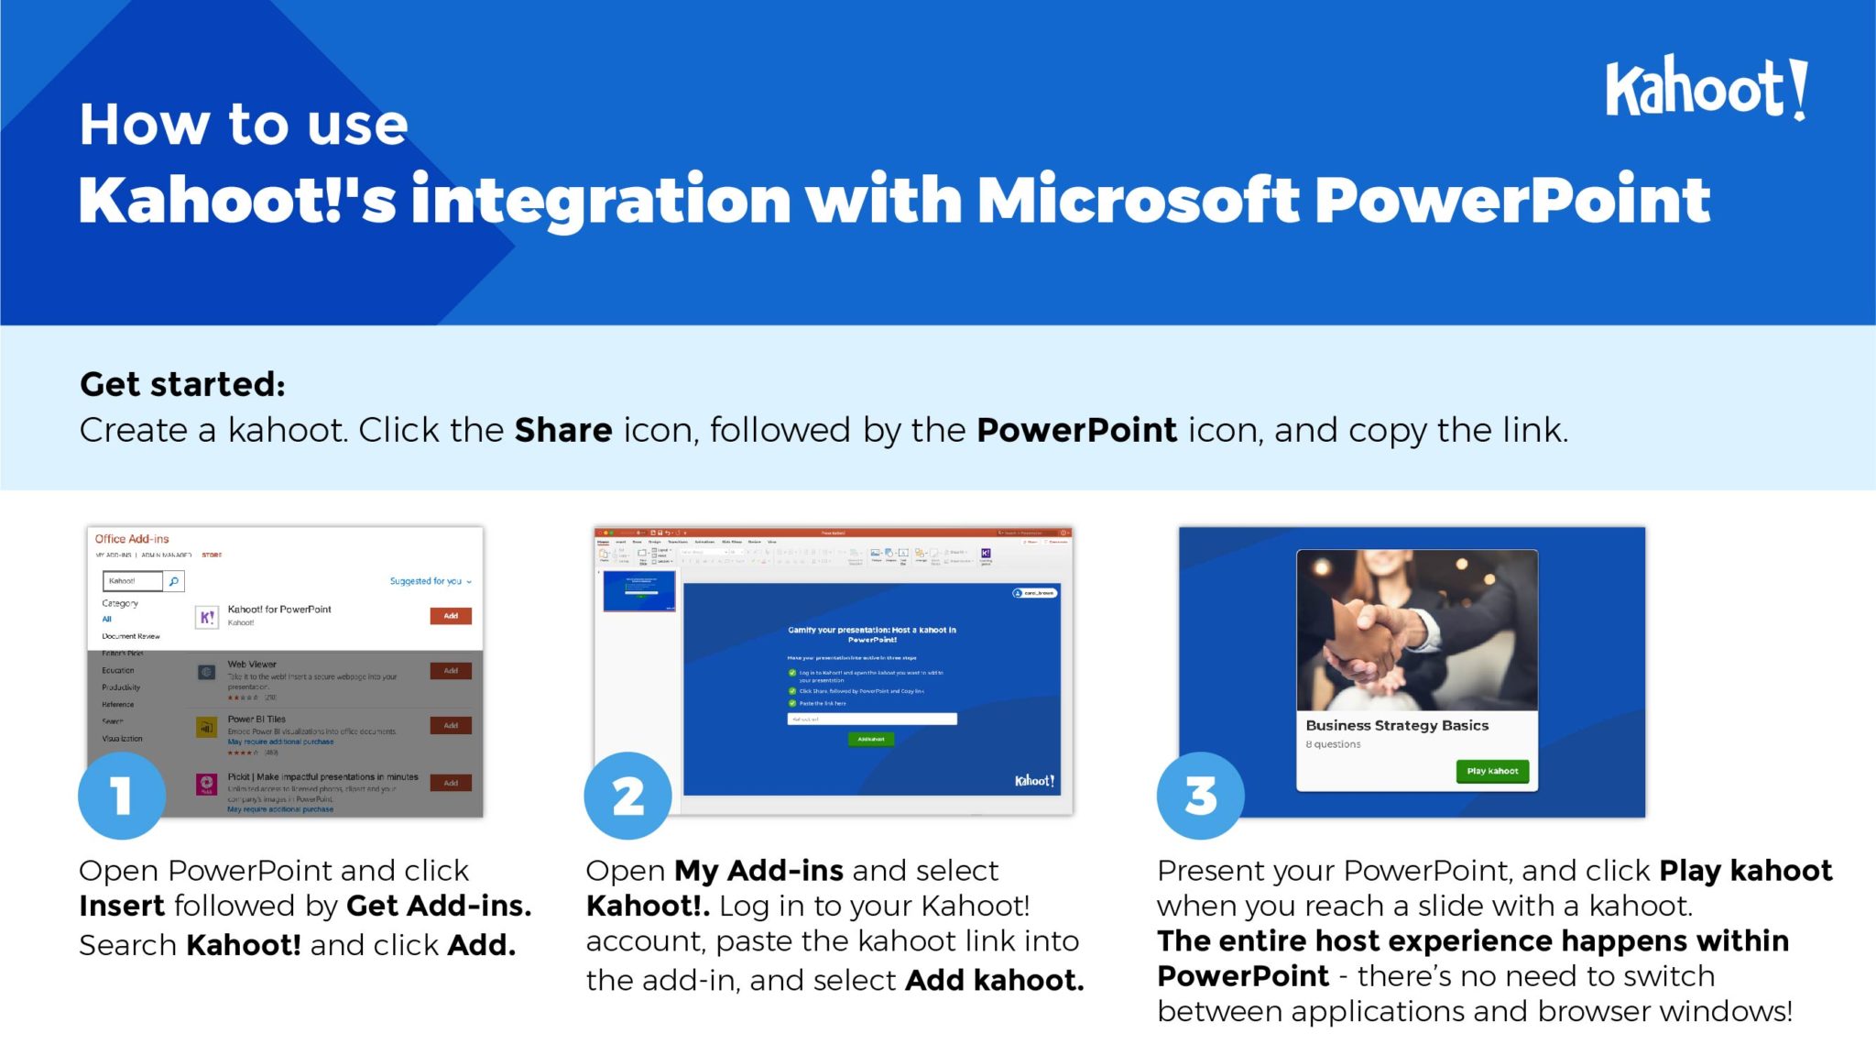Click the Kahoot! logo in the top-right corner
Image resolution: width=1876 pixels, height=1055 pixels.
pyautogui.click(x=1706, y=88)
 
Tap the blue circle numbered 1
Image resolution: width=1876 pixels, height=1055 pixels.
pyautogui.click(x=122, y=795)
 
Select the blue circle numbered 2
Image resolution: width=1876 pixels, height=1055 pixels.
pyautogui.click(x=627, y=795)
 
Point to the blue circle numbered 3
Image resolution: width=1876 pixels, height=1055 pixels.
pyautogui.click(x=1200, y=795)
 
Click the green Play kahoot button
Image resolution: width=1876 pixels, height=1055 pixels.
pyautogui.click(x=1492, y=771)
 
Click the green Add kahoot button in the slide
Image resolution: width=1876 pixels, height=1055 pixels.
pyautogui.click(x=871, y=739)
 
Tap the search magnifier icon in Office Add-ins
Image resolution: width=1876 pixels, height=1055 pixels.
pyautogui.click(x=174, y=581)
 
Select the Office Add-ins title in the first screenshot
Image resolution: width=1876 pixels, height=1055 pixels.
pyautogui.click(x=132, y=539)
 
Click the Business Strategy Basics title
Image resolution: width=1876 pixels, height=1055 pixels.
pyautogui.click(x=1397, y=725)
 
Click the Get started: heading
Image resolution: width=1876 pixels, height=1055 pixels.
pyautogui.click(x=182, y=384)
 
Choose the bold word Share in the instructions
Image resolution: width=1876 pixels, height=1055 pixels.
pyautogui.click(x=562, y=430)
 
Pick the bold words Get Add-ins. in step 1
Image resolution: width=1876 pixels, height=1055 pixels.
pyautogui.click(x=439, y=906)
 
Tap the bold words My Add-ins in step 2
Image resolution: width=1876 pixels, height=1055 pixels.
pyautogui.click(x=758, y=870)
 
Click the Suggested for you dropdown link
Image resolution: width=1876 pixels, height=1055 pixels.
pyautogui.click(x=430, y=581)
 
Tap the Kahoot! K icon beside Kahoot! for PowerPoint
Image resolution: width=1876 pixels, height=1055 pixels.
pyautogui.click(x=207, y=617)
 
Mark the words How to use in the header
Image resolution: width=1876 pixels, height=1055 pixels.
pyautogui.click(x=244, y=125)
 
